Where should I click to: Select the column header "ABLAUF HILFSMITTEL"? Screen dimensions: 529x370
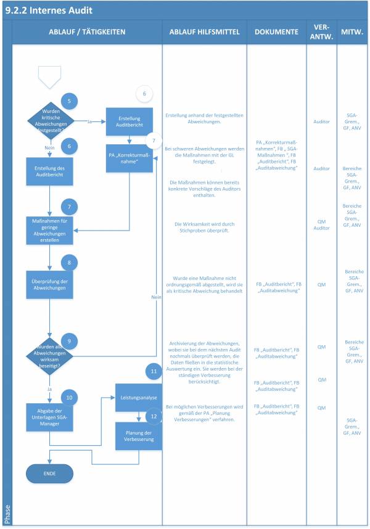pos(203,31)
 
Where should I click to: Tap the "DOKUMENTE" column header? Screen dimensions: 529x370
pos(276,31)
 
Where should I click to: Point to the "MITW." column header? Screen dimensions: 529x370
pos(353,31)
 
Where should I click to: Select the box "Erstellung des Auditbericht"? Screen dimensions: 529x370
pos(50,170)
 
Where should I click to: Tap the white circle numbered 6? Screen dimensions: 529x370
pos(144,94)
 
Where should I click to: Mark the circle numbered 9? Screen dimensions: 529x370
pos(70,341)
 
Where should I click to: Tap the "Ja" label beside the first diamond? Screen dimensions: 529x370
pos(90,121)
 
